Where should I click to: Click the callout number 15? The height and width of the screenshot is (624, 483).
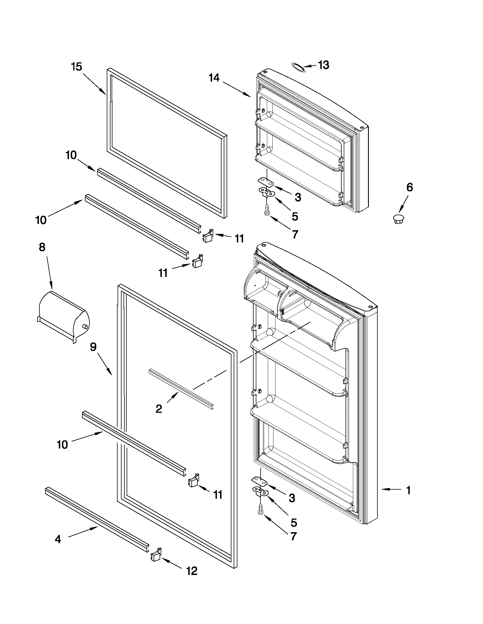76,67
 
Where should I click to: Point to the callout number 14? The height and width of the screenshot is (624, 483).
214,77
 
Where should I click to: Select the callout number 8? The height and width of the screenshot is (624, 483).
42,247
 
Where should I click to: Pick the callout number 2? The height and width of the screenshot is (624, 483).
159,409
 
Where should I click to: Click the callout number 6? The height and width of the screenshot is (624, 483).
409,187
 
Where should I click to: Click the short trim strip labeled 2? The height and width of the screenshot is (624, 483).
181,389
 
